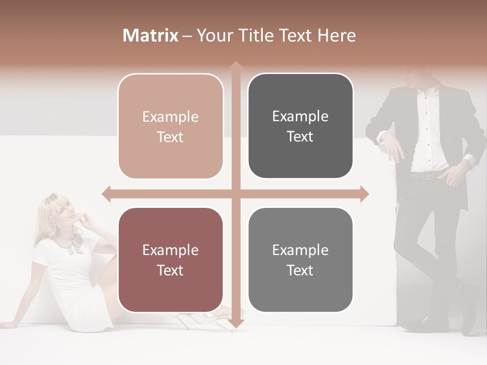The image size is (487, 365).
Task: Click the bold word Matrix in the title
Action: [x=151, y=35]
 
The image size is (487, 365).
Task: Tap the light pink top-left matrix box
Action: [x=170, y=126]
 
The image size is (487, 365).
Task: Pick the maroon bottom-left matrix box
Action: [x=170, y=260]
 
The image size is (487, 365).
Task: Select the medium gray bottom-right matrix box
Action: [x=300, y=260]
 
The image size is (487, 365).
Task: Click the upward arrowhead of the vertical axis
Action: [x=235, y=66]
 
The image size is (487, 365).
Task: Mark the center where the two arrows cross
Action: [x=235, y=194]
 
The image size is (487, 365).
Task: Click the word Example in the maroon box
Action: [x=170, y=250]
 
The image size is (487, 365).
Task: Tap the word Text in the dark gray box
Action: [x=300, y=136]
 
